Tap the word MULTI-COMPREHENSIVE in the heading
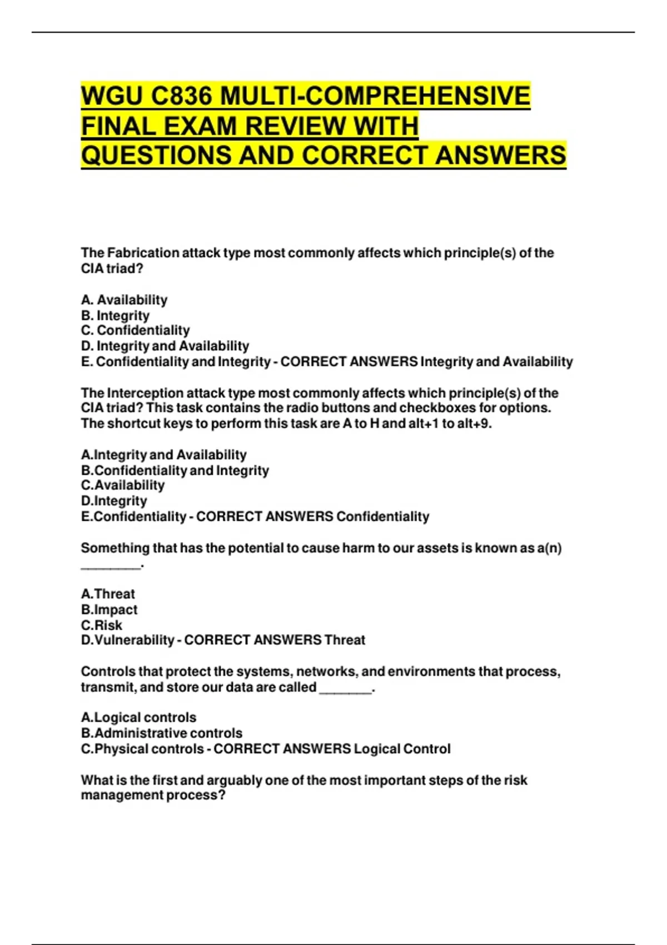point(375,96)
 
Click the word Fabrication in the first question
point(143,253)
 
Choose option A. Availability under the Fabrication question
point(124,300)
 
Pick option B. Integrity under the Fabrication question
point(115,316)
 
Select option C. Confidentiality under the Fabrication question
point(135,331)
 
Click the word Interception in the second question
point(147,393)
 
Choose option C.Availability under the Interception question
point(123,485)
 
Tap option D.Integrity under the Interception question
point(114,501)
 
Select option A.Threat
point(108,594)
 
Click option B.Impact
point(109,609)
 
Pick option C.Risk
point(102,625)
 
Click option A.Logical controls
point(138,718)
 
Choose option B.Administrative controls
point(162,733)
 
